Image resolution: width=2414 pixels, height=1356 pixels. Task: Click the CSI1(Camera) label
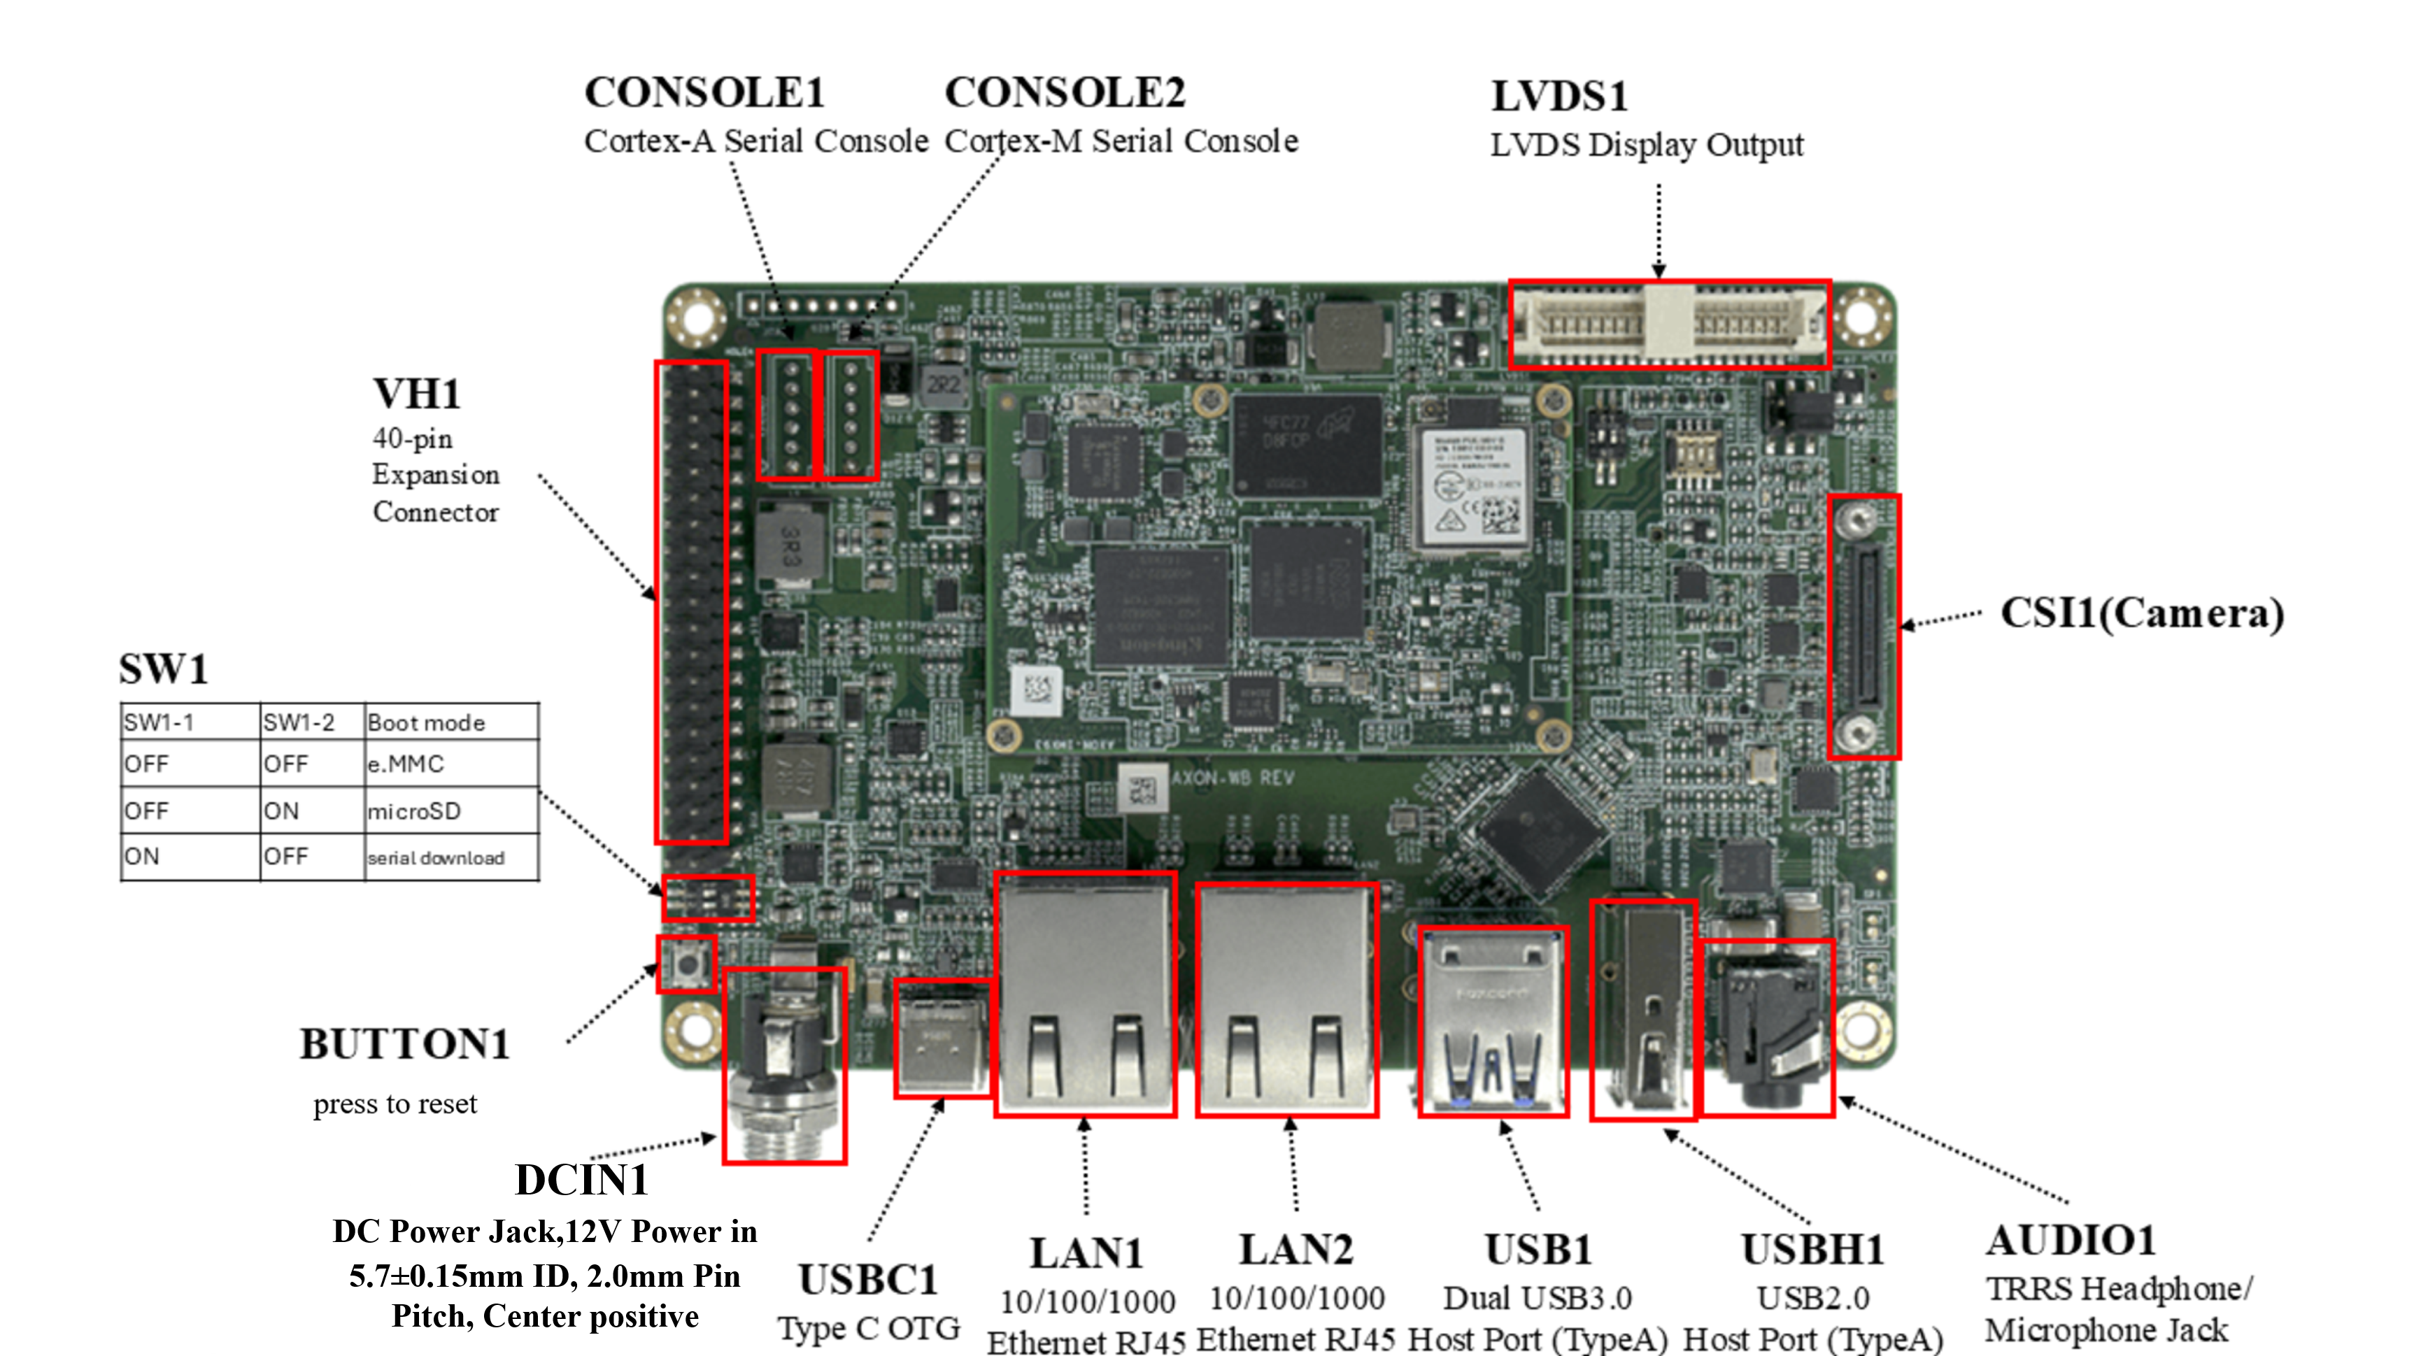[2141, 614]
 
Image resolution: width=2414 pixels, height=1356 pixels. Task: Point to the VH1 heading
[417, 394]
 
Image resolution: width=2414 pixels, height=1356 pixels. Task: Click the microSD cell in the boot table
[414, 811]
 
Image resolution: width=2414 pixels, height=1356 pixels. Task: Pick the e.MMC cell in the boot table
[406, 764]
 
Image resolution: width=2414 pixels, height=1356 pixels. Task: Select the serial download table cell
[436, 857]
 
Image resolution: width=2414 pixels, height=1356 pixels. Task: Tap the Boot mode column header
[427, 722]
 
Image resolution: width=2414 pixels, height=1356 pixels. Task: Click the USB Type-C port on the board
[942, 1039]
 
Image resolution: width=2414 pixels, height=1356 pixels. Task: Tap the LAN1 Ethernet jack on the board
[1085, 994]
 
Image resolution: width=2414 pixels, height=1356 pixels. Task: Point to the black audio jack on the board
[1766, 1028]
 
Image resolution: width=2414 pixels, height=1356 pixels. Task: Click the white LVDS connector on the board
[1669, 323]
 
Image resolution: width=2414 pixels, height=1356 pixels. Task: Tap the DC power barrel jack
[784, 1066]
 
